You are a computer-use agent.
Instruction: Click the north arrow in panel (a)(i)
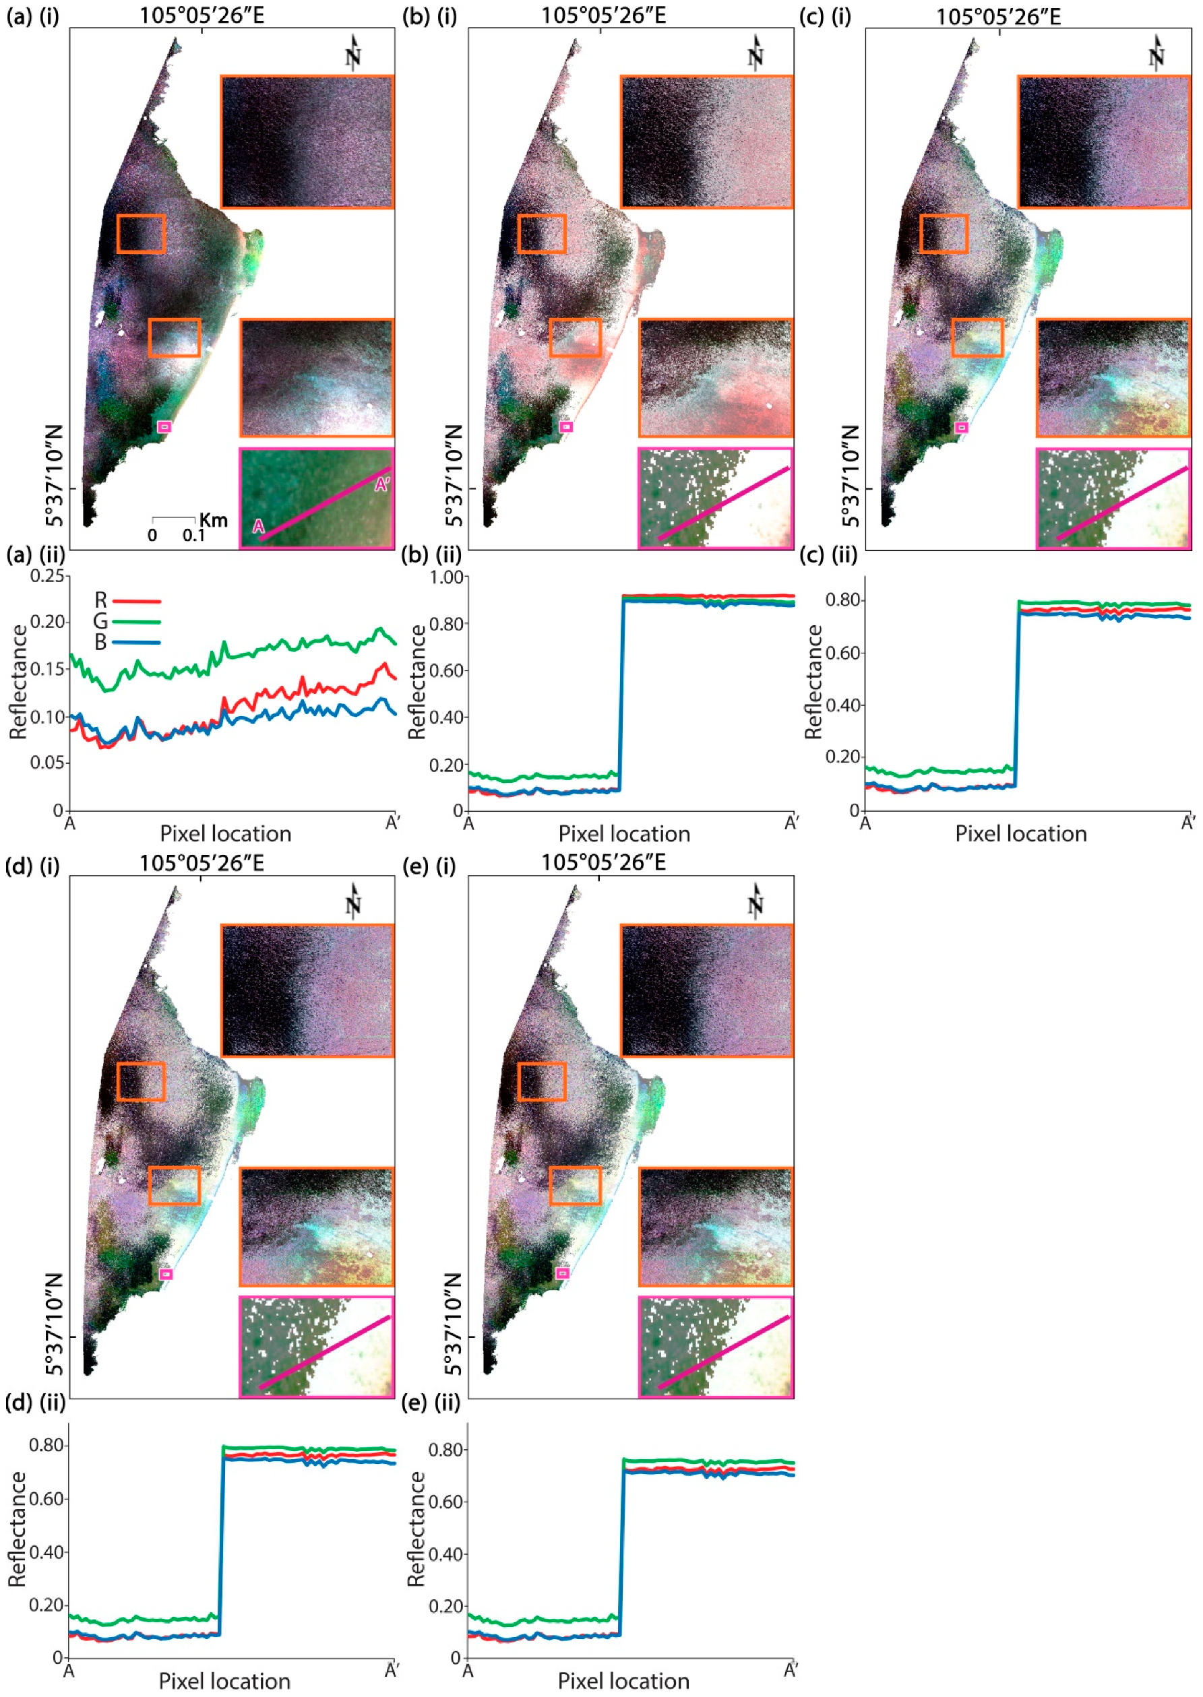point(353,53)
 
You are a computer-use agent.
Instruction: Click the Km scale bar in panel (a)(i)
point(173,519)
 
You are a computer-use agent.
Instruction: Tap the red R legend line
point(136,601)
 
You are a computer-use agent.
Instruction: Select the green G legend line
point(136,622)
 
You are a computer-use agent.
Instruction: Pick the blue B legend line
point(136,643)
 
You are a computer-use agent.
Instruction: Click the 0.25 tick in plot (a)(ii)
point(47,576)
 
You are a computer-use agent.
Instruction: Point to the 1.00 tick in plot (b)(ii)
point(446,577)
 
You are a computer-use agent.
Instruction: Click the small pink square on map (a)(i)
point(164,426)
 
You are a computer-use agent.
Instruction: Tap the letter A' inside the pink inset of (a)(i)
point(381,486)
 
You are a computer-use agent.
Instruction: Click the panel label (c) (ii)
point(828,555)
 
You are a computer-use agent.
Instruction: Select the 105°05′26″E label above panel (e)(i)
point(603,862)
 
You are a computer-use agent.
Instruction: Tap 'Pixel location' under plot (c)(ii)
point(1020,835)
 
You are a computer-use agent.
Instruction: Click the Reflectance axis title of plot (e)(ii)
point(417,1529)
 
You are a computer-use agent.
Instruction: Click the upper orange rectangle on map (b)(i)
point(541,234)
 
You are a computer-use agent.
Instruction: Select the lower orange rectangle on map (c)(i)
point(977,338)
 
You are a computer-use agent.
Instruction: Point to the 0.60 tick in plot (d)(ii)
point(46,1498)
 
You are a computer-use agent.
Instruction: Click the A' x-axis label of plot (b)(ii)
point(791,823)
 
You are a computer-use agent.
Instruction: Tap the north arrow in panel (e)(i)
point(755,902)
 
